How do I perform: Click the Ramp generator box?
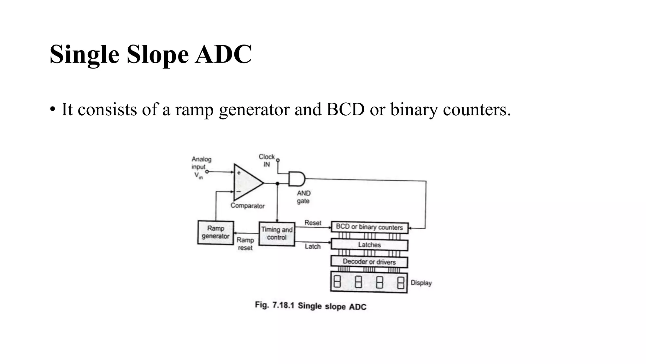[x=216, y=233]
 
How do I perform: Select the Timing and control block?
[x=277, y=234]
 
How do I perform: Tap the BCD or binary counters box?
[x=369, y=227]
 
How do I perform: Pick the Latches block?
[x=369, y=245]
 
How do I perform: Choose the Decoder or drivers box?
[x=369, y=262]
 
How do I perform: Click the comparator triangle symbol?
[x=247, y=182]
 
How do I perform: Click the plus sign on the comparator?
[x=239, y=173]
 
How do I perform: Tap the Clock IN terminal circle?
[x=278, y=161]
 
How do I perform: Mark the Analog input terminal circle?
[x=207, y=172]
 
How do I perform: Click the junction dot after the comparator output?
[x=277, y=183]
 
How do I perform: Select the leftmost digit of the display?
[x=337, y=282]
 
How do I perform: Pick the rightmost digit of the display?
[x=401, y=282]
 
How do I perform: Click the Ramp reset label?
[x=245, y=244]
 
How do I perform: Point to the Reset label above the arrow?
[x=313, y=223]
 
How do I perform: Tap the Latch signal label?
[x=313, y=246]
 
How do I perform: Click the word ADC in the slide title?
[x=223, y=54]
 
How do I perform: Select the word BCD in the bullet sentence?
[x=345, y=110]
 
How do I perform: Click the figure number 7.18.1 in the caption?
[x=283, y=305]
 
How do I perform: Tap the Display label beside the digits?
[x=421, y=283]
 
